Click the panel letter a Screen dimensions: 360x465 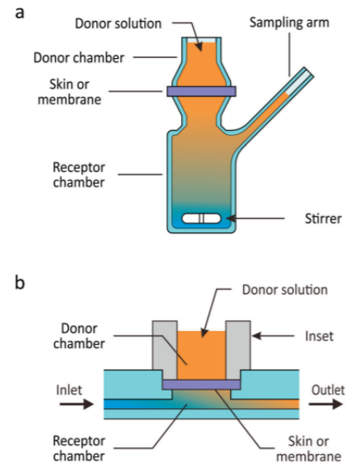pyautogui.click(x=19, y=13)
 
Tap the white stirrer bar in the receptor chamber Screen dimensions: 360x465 pyautogui.click(x=201, y=219)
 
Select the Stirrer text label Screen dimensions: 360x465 pyautogui.click(x=324, y=219)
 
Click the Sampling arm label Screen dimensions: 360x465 pyautogui.click(x=290, y=22)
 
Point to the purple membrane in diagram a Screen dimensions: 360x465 pyautogui.click(x=201, y=91)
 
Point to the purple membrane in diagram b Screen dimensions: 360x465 pyautogui.click(x=201, y=384)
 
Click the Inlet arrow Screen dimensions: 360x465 pyautogui.click(x=77, y=404)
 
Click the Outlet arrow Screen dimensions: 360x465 pyautogui.click(x=326, y=404)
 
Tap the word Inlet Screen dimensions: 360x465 pyautogui.click(x=69, y=390)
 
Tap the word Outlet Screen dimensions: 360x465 pyautogui.click(x=328, y=390)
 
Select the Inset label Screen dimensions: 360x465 pyautogui.click(x=319, y=336)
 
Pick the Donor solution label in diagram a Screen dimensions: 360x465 pyautogui.click(x=118, y=23)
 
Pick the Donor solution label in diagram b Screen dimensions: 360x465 pyautogui.click(x=285, y=290)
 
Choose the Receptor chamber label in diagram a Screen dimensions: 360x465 pyautogui.click(x=79, y=174)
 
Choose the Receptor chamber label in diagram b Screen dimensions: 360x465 pyautogui.click(x=79, y=448)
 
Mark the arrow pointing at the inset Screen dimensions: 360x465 pyautogui.click(x=273, y=336)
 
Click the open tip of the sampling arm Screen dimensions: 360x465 pyautogui.click(x=309, y=72)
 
